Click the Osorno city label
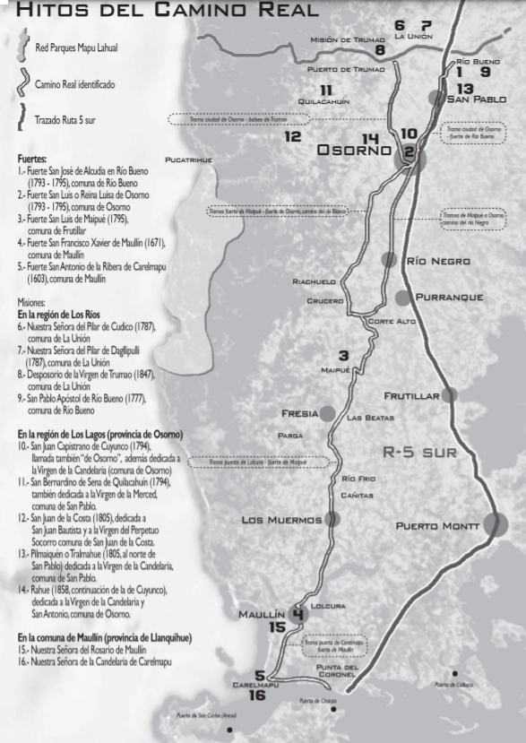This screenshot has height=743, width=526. point(354,151)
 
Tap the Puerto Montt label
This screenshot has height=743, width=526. point(438,525)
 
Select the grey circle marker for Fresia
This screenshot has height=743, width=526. point(328,413)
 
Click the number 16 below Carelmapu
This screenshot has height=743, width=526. point(257,695)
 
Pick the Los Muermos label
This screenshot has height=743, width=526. point(281,520)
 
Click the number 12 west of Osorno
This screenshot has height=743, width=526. point(293,137)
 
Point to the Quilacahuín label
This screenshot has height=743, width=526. point(324,102)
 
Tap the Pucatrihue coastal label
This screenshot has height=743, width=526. point(189,160)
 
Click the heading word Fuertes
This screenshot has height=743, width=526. point(31,159)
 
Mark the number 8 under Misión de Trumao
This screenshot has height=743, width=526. point(380,51)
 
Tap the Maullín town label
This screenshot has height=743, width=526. point(262,615)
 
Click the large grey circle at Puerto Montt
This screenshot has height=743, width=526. point(491,525)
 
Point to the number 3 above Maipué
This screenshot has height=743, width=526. point(343,355)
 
